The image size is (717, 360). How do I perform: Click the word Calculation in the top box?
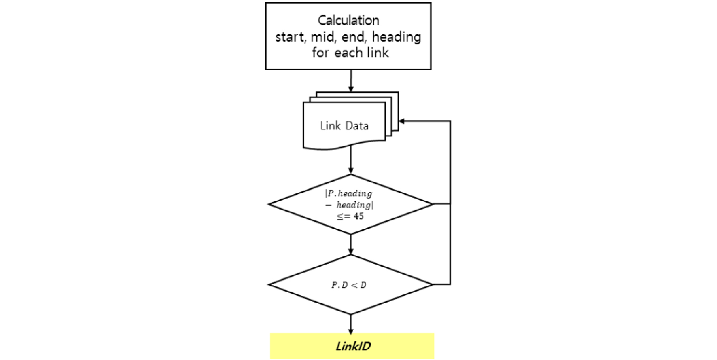[x=348, y=20]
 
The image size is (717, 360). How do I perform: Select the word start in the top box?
[x=290, y=37]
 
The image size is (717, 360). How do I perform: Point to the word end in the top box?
[x=354, y=37]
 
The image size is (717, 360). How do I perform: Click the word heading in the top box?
[x=397, y=37]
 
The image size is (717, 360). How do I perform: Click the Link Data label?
[x=344, y=126]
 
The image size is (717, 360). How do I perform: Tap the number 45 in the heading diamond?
[x=358, y=216]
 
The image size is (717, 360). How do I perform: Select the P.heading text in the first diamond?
[x=349, y=193]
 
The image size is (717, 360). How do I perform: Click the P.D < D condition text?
[x=349, y=285]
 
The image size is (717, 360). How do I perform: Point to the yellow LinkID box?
[x=352, y=346]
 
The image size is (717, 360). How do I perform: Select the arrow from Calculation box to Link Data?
[x=351, y=81]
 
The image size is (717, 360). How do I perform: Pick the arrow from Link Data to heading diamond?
[x=351, y=160]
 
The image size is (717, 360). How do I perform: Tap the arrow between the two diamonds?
[x=351, y=244]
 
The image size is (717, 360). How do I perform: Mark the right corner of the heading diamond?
[x=432, y=204]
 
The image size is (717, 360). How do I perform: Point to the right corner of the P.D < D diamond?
[x=432, y=284]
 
